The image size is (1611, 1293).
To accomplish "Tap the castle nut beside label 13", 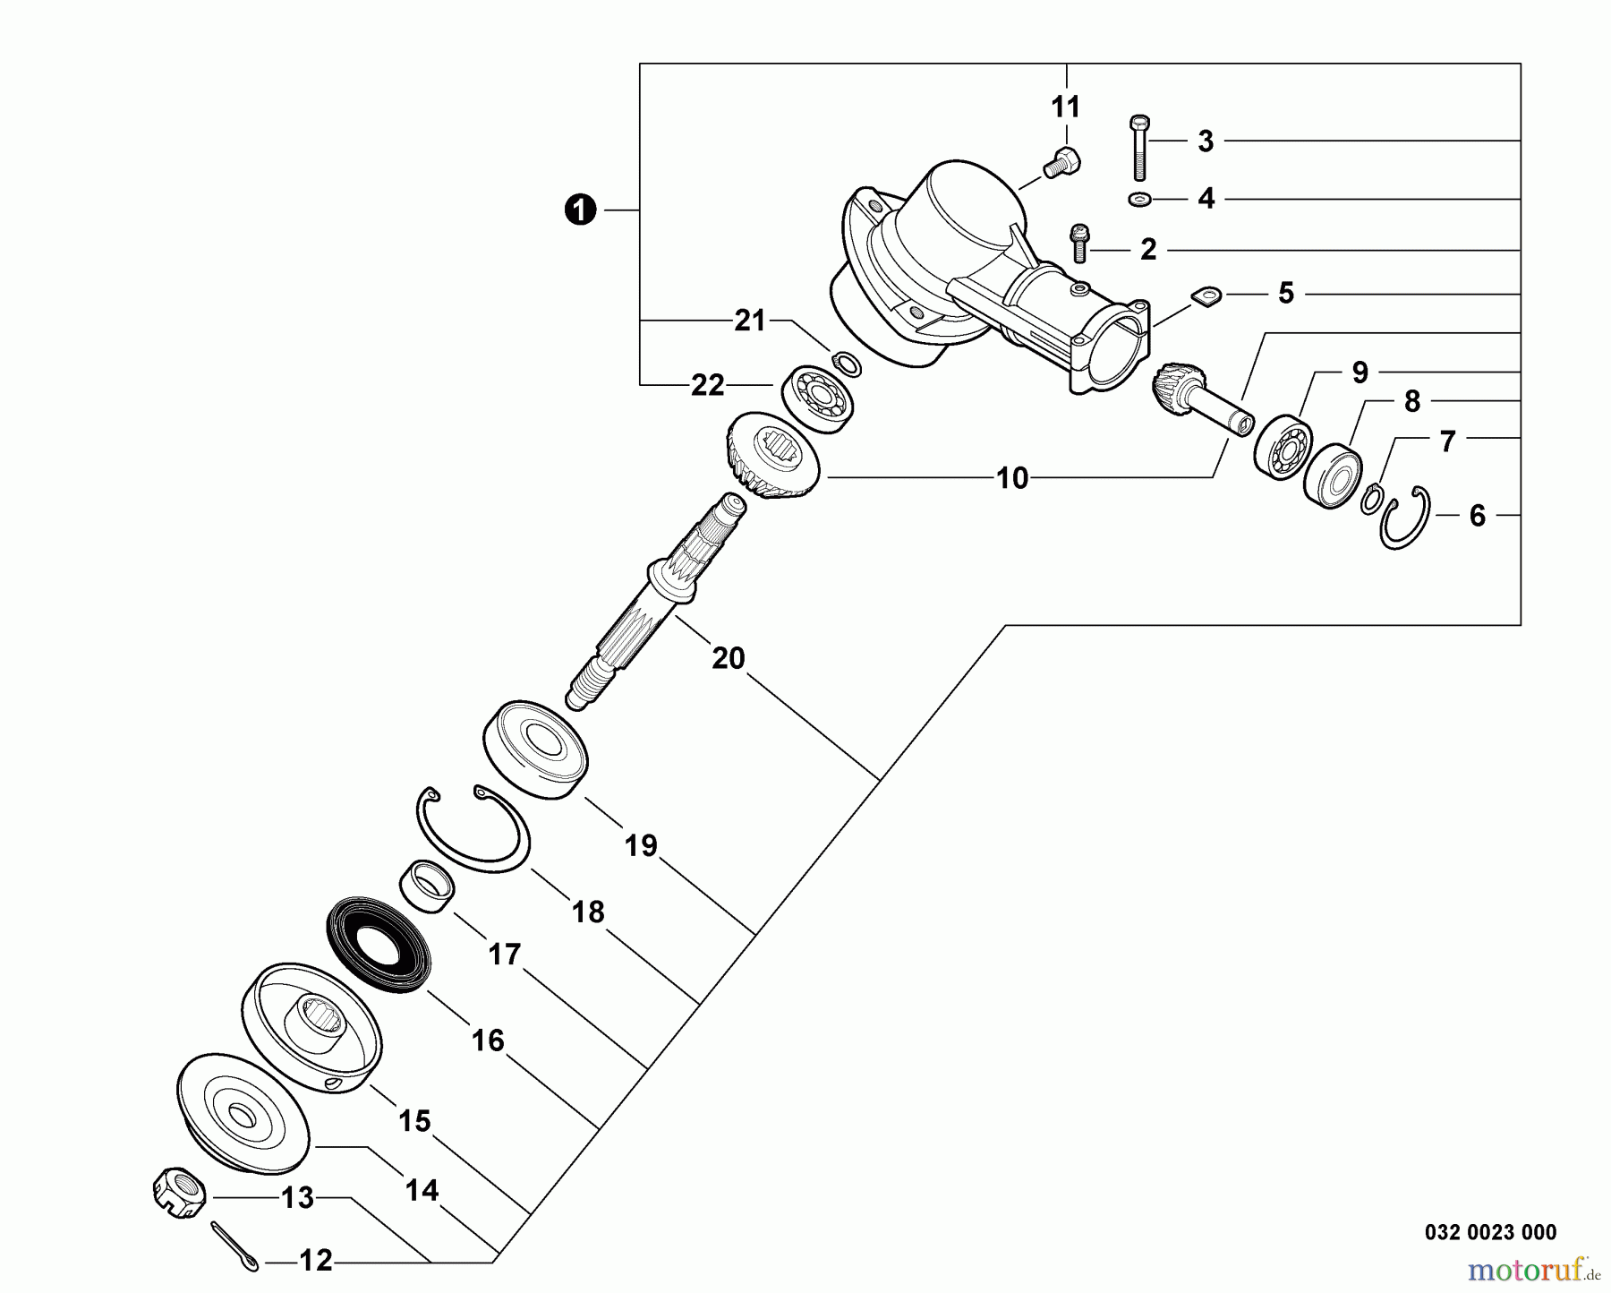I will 179,1191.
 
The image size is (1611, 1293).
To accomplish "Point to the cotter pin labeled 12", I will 235,1246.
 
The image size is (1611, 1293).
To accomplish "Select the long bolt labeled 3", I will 1139,148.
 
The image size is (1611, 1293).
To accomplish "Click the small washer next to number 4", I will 1139,199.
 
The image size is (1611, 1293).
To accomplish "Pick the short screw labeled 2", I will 1079,243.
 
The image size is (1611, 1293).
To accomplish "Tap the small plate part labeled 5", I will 1205,295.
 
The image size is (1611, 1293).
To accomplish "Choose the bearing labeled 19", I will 535,749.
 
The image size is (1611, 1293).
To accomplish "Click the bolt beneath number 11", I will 1062,164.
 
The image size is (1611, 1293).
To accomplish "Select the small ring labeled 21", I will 846,364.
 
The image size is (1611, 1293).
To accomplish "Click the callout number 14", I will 422,1190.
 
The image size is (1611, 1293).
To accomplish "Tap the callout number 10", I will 1012,478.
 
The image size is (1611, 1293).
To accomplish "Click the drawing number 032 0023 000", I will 1490,1233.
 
